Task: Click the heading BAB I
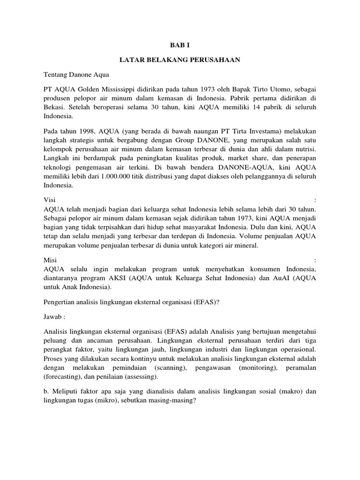(180, 45)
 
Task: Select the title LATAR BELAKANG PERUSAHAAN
(180, 60)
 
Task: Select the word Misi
(50, 260)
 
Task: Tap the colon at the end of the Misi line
(315, 260)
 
